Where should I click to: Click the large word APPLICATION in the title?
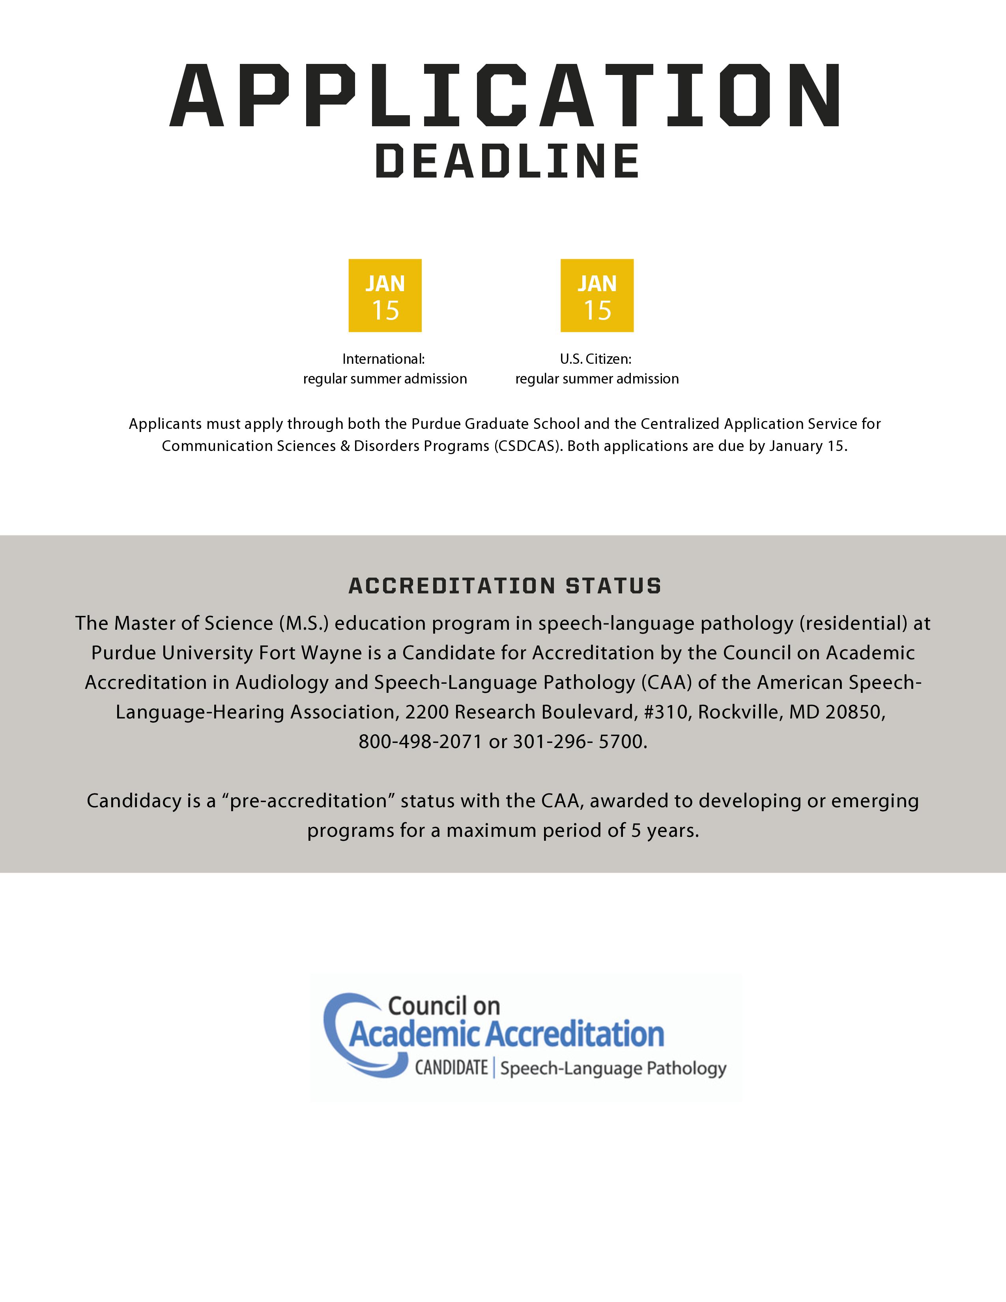tap(505, 95)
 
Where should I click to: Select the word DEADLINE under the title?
tap(507, 161)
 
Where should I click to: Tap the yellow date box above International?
tap(385, 296)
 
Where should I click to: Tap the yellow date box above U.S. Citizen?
tap(596, 296)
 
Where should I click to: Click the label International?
tap(383, 359)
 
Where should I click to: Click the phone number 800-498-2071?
tap(420, 742)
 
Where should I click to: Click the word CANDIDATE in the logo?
tap(451, 1067)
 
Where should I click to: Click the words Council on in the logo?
tap(444, 1006)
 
